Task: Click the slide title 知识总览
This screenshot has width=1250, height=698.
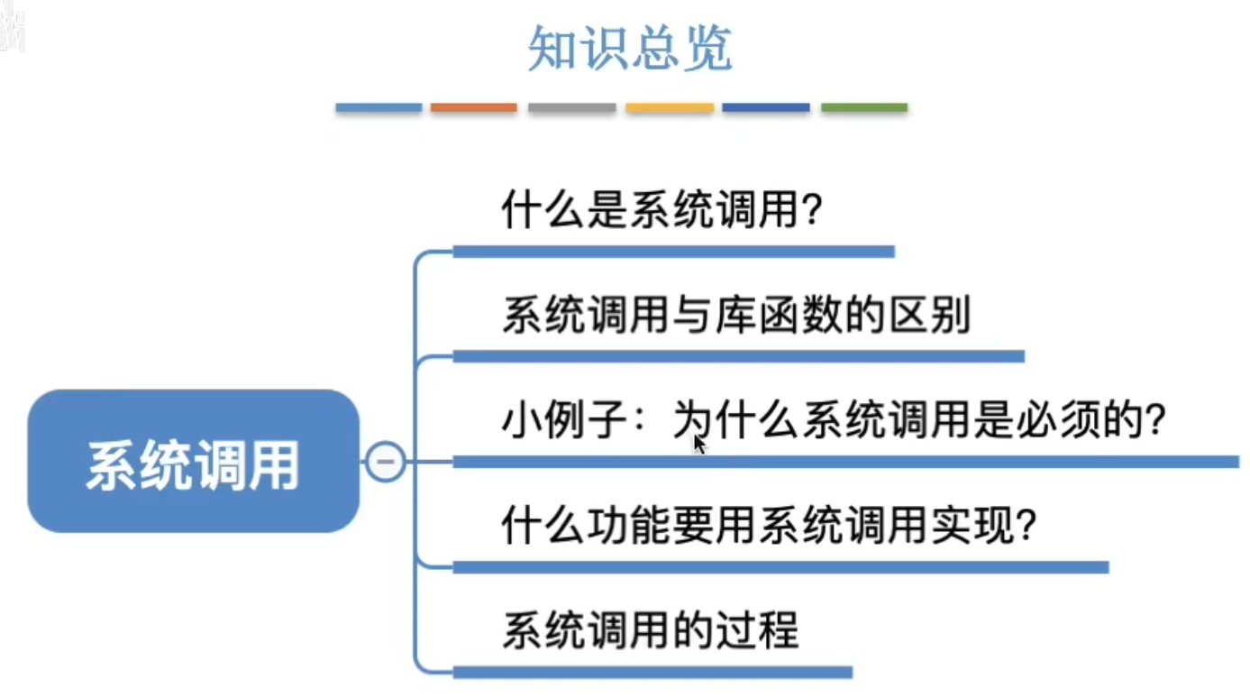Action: point(629,49)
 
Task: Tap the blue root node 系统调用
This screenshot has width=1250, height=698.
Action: point(193,462)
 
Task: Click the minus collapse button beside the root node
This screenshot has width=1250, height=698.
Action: point(385,462)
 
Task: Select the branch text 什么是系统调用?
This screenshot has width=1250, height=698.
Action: point(662,213)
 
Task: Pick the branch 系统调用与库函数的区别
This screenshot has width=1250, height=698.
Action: point(735,317)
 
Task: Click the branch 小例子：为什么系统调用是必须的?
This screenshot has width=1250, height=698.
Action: point(834,421)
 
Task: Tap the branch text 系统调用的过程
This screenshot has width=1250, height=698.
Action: point(650,630)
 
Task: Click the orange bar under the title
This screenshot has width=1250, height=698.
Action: point(473,108)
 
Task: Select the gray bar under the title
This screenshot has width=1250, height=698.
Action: point(571,108)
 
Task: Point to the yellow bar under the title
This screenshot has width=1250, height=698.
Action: point(670,108)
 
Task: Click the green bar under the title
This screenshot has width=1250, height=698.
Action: point(863,108)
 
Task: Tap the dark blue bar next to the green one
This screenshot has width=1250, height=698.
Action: point(766,108)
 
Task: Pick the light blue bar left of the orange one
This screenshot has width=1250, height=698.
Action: point(379,108)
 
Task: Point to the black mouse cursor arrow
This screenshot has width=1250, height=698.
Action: point(699,445)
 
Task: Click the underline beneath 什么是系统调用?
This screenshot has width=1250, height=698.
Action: point(673,252)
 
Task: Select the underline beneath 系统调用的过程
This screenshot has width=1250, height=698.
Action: point(652,672)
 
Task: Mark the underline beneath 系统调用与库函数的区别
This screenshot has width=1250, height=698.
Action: point(738,356)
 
